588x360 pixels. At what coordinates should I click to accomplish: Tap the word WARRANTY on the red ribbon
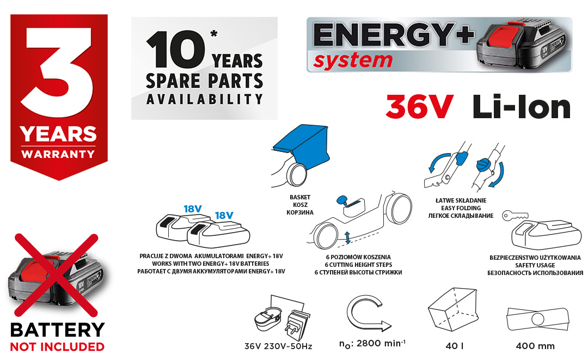coord(58,154)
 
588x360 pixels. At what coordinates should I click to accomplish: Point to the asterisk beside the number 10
coord(214,34)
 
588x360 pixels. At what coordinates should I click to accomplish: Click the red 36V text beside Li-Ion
coord(420,107)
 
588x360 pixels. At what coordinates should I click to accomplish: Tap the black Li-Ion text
coord(522,107)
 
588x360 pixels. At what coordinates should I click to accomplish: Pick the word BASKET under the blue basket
coord(300,197)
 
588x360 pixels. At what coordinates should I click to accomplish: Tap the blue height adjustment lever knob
coord(344,200)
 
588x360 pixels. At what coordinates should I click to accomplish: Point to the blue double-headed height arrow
coord(347,237)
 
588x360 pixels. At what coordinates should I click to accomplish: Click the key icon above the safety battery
coord(515,215)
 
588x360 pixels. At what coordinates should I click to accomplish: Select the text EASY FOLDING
coord(461,208)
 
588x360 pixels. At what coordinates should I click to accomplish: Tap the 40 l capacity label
coord(455,346)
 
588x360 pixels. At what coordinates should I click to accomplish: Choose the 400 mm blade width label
coord(535,346)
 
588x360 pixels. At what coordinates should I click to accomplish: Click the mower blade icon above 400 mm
coord(537,319)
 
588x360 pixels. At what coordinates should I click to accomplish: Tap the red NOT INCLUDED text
coord(57,347)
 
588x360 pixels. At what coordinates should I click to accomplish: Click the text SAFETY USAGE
coord(535,265)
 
